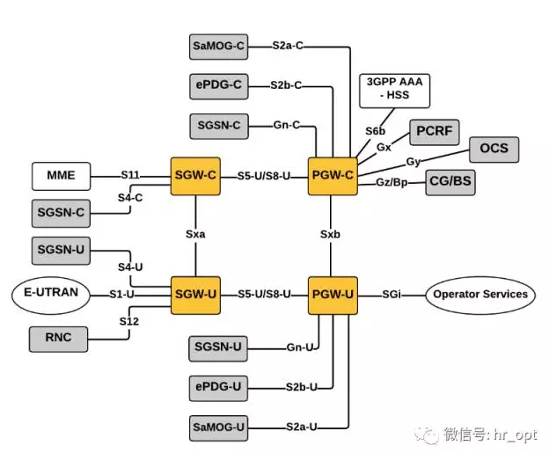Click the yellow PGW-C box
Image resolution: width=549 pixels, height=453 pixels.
(332, 175)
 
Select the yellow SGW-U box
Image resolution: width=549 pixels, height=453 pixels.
(194, 293)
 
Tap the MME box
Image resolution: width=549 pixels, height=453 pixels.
(62, 176)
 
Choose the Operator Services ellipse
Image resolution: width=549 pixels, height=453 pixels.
(479, 294)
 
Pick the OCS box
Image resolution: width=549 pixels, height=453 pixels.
(494, 148)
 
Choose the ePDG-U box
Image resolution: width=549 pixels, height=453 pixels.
(218, 387)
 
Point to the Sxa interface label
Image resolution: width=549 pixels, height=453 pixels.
(195, 235)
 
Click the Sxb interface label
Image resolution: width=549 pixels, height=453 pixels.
(332, 235)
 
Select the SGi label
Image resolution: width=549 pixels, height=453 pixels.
(392, 294)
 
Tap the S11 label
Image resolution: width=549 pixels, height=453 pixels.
(131, 175)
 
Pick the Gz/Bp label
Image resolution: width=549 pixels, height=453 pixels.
(392, 182)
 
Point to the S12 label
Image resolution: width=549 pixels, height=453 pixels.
(130, 322)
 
